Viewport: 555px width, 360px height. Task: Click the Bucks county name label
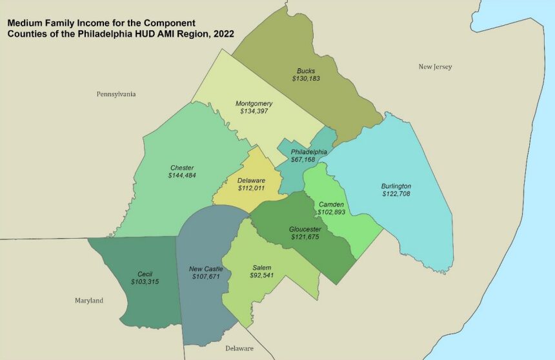(306, 71)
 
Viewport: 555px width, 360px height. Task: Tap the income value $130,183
(306, 79)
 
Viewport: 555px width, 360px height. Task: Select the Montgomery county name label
(254, 103)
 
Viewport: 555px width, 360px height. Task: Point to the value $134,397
(254, 111)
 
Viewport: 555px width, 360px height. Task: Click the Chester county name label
(183, 168)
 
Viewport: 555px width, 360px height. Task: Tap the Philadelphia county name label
(308, 152)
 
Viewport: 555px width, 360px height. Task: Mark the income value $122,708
(396, 194)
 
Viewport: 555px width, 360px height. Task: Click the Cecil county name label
(145, 274)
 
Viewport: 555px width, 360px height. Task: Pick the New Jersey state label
(435, 66)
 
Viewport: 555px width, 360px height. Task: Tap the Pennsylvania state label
(116, 94)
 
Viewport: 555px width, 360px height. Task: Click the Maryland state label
(88, 301)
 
